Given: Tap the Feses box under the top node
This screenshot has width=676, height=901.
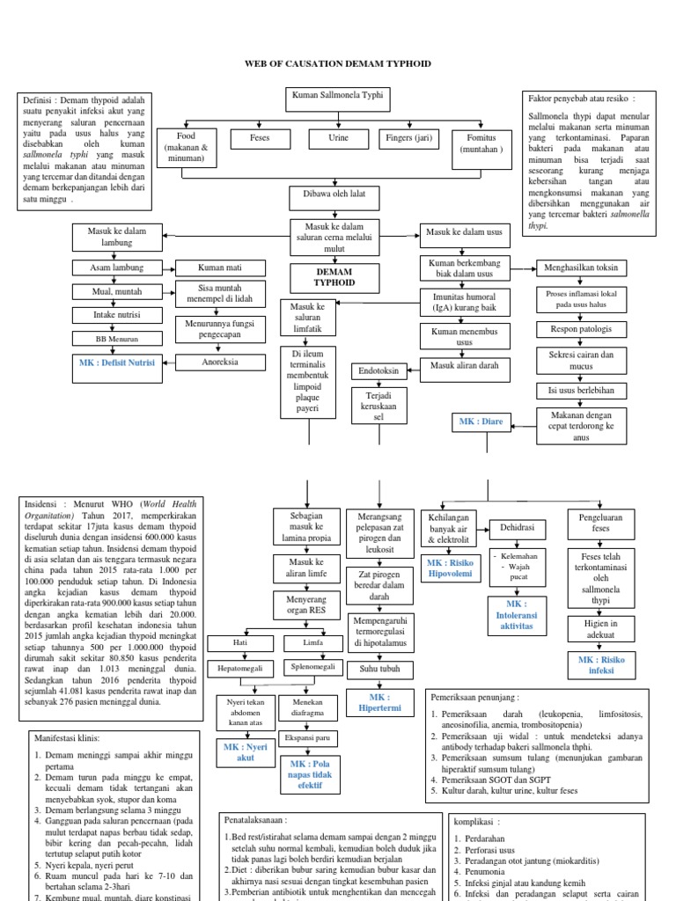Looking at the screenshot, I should click(x=254, y=139).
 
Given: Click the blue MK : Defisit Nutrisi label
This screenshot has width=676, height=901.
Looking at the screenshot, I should click(x=118, y=363).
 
